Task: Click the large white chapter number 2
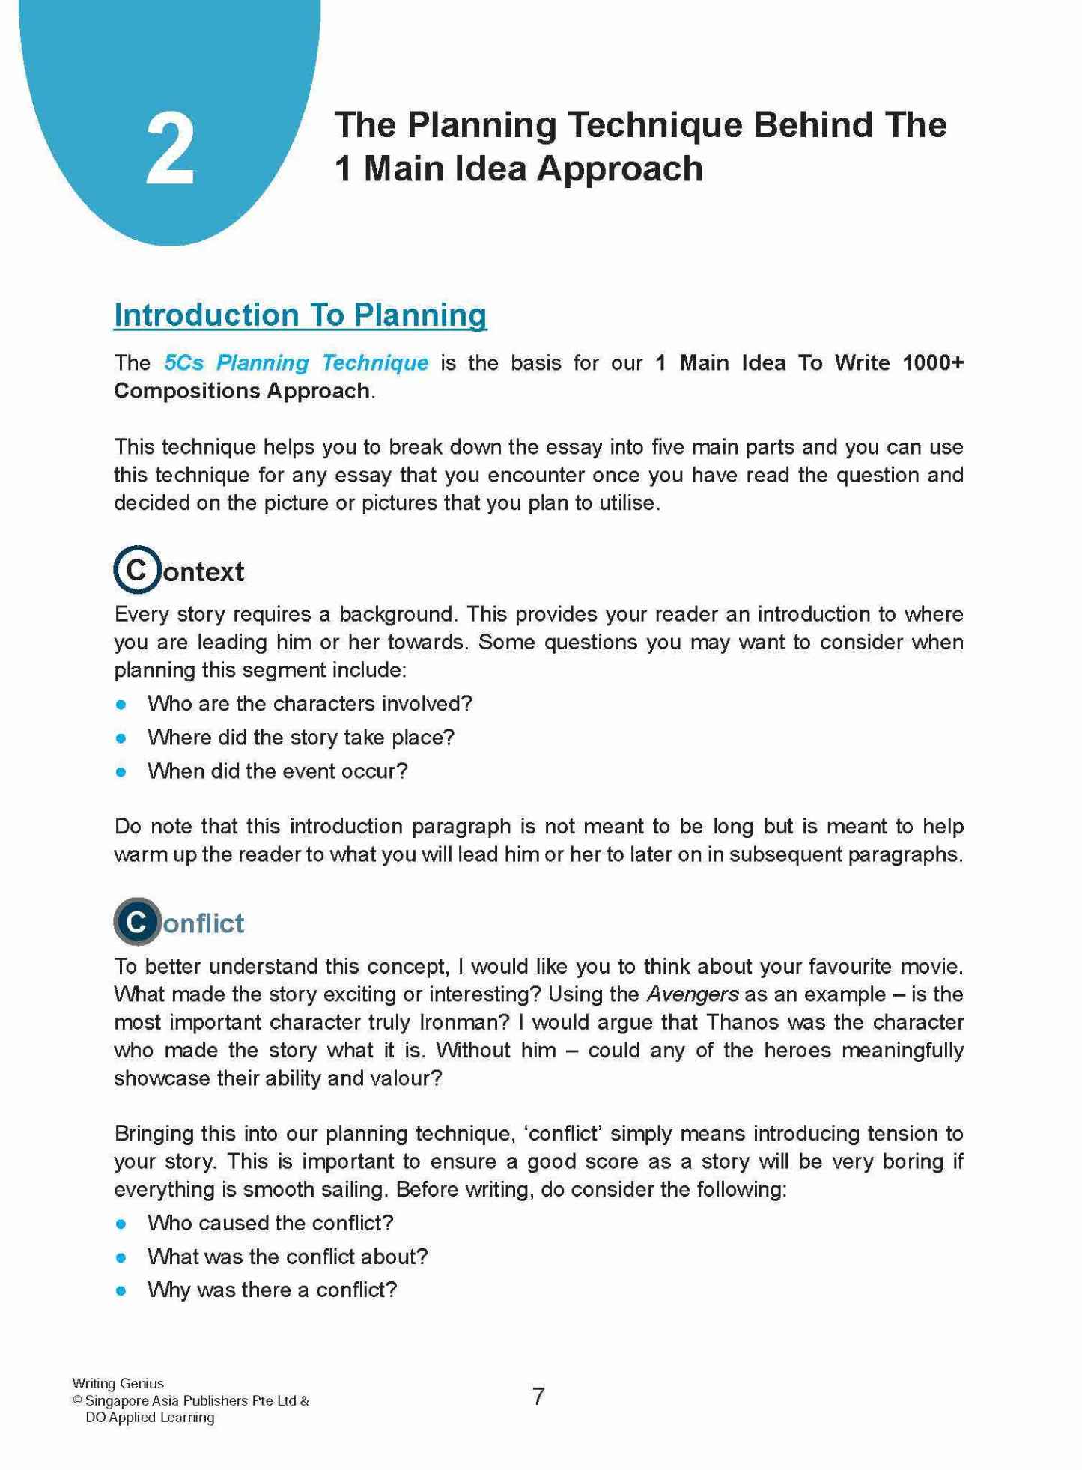coord(171,149)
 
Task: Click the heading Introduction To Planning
coord(300,315)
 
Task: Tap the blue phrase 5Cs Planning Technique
coord(297,363)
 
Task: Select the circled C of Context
coord(137,570)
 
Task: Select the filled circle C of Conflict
coord(137,921)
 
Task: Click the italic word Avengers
coord(693,994)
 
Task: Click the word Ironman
coord(460,1022)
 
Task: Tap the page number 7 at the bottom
coord(538,1397)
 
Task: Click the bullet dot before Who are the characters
coord(121,705)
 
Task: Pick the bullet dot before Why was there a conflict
coord(121,1290)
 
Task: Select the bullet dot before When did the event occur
coord(121,771)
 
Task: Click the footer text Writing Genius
coord(118,1383)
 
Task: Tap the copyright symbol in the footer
coord(77,1400)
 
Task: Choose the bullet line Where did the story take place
coord(301,738)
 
